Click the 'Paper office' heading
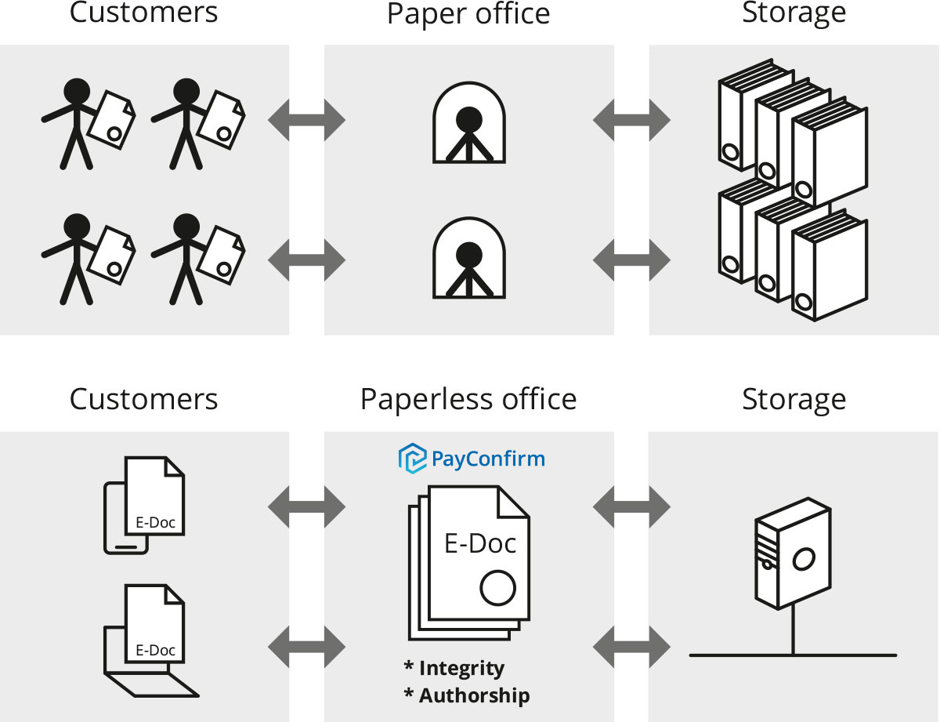point(468,15)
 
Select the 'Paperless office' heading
point(468,399)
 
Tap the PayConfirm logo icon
point(412,458)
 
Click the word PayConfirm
point(488,459)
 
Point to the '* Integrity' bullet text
point(454,668)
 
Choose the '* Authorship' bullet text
point(466,695)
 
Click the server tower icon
point(793,553)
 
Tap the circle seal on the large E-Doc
point(497,587)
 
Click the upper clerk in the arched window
point(469,122)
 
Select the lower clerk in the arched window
point(469,258)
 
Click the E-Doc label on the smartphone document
point(155,522)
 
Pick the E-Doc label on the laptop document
point(155,650)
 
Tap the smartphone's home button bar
point(126,547)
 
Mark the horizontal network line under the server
point(793,655)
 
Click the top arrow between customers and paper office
point(307,120)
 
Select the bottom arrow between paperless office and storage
point(631,647)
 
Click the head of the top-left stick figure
point(77,92)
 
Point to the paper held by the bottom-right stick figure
point(222,255)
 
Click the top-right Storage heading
point(794,14)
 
